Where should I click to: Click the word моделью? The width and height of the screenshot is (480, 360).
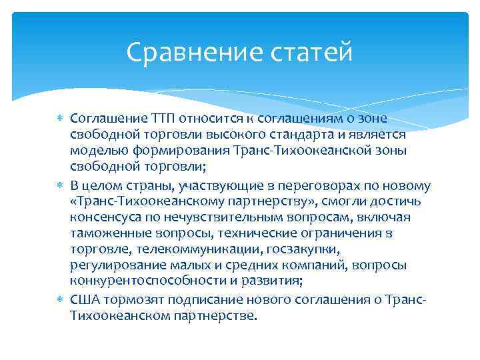click(93, 149)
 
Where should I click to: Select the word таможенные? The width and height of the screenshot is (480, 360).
click(103, 233)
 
